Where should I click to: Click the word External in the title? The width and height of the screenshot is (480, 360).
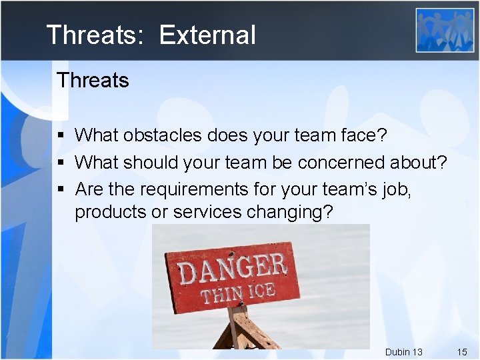[x=207, y=35]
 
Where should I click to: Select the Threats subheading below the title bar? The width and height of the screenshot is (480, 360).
[x=93, y=81]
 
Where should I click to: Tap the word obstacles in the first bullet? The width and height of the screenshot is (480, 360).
[x=162, y=135]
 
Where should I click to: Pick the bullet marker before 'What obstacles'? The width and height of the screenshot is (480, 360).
[x=61, y=136]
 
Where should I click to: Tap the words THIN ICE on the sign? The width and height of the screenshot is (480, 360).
[x=238, y=292]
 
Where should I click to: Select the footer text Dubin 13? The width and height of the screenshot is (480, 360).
[x=403, y=351]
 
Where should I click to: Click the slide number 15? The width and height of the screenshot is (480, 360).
[x=461, y=351]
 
